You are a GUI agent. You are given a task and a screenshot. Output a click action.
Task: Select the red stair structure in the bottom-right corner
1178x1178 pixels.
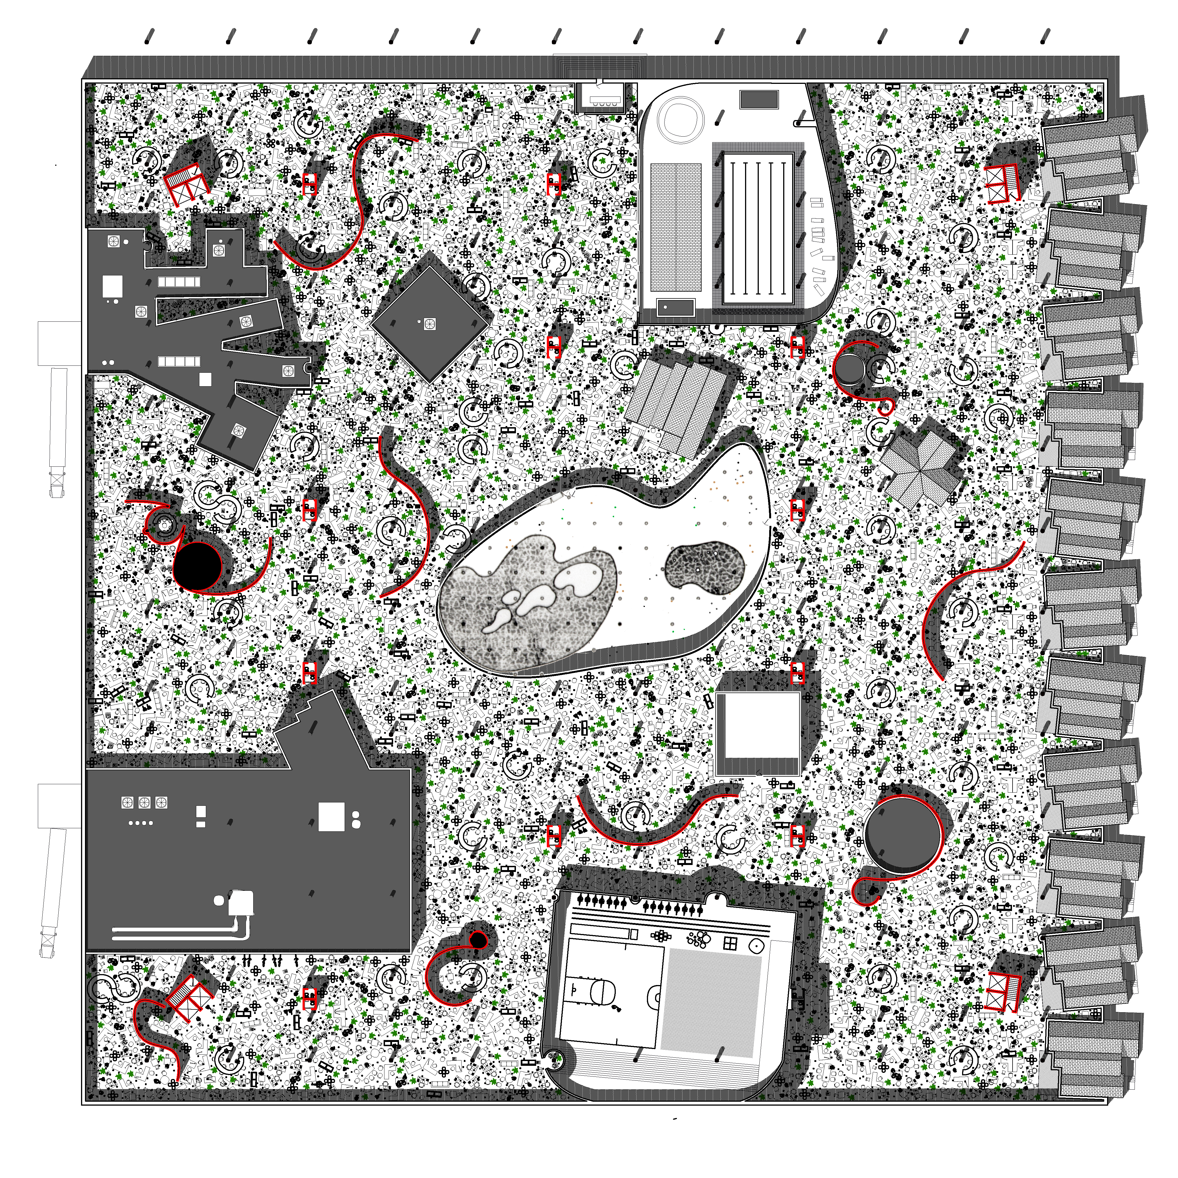pos(1003,991)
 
